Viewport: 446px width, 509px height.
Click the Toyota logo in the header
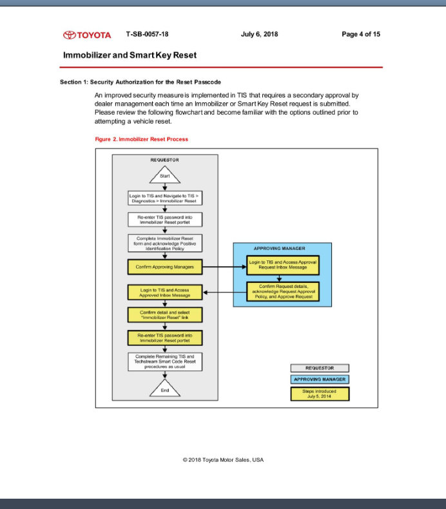click(87, 35)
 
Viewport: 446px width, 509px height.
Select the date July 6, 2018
click(259, 34)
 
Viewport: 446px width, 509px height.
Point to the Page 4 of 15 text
click(361, 34)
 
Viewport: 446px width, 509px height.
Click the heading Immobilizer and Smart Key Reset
click(130, 55)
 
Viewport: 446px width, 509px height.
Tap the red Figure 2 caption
click(141, 139)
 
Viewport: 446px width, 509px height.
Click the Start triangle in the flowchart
click(165, 176)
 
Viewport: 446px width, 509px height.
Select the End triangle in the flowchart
click(165, 389)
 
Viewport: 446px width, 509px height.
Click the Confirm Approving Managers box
click(165, 265)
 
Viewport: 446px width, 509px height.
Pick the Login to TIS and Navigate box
click(165, 198)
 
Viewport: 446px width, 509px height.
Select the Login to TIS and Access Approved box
click(165, 293)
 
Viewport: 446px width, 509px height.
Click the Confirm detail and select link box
click(165, 315)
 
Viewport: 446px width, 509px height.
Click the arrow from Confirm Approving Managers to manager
click(224, 265)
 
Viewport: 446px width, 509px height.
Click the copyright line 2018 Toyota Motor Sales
click(223, 459)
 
